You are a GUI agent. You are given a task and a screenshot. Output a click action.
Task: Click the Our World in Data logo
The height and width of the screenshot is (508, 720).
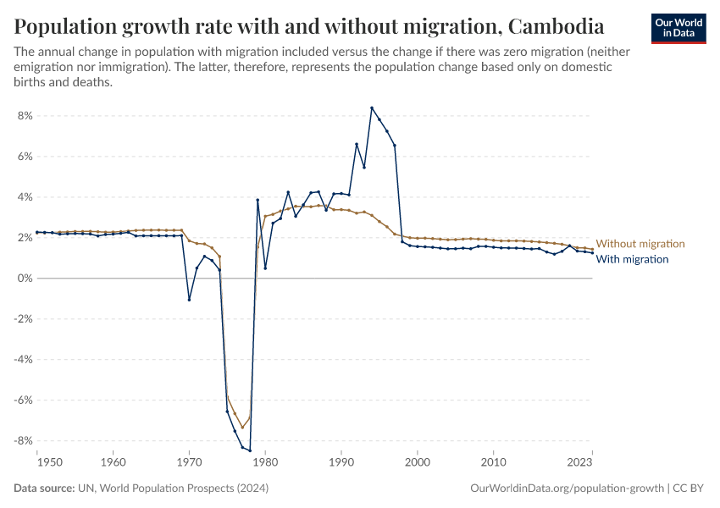tap(678, 28)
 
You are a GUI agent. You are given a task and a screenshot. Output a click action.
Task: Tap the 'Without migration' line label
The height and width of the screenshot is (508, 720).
tap(640, 244)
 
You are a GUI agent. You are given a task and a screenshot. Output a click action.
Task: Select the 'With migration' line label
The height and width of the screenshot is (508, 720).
tap(633, 259)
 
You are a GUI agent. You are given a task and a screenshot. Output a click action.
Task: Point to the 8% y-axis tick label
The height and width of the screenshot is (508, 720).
tap(24, 116)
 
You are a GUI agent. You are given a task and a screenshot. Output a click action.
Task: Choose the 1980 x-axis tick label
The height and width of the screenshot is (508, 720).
tap(265, 463)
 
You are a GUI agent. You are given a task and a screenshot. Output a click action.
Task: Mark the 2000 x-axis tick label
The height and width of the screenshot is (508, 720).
tap(418, 463)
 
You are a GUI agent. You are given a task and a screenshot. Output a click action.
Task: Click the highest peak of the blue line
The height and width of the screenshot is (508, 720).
tap(371, 108)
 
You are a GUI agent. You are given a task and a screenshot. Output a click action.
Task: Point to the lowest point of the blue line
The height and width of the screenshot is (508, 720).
tap(250, 450)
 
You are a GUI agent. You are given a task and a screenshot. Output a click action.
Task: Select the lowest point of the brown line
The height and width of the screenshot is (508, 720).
tap(242, 428)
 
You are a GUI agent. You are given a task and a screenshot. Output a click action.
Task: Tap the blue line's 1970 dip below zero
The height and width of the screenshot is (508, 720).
tap(189, 300)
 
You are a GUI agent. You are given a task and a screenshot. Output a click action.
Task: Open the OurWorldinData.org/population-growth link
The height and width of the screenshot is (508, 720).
tap(566, 489)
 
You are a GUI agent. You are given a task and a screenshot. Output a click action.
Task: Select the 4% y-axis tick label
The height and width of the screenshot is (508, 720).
tap(24, 197)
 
